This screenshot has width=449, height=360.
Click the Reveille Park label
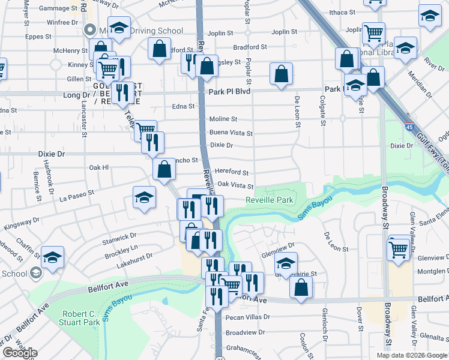270,200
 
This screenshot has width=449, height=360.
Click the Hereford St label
232,172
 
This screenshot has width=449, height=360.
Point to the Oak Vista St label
235,186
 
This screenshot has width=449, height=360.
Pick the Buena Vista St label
231,133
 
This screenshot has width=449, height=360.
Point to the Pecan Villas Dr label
248,317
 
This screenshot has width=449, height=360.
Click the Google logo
20,353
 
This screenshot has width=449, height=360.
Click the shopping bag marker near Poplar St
282,75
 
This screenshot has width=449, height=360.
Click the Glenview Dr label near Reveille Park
278,245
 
